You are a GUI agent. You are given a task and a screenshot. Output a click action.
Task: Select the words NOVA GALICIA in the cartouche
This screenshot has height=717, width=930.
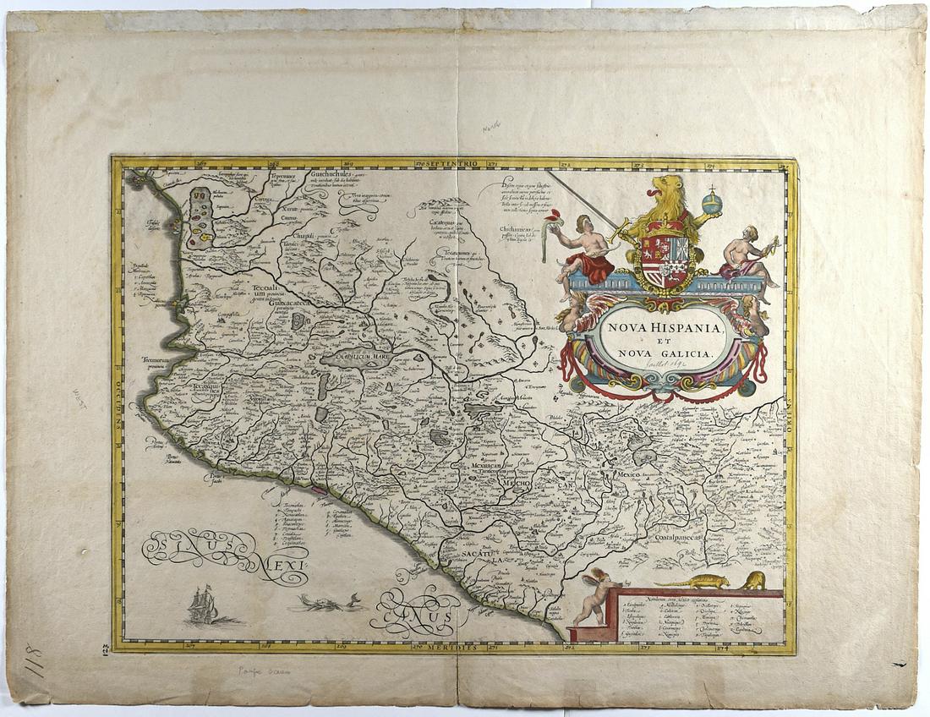(665, 353)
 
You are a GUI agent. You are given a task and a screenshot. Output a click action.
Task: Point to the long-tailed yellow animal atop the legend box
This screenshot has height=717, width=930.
(693, 582)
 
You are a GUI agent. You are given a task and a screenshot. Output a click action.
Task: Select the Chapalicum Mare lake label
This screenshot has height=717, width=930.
(359, 356)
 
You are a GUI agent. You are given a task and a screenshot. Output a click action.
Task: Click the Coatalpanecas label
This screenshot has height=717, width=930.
(683, 536)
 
